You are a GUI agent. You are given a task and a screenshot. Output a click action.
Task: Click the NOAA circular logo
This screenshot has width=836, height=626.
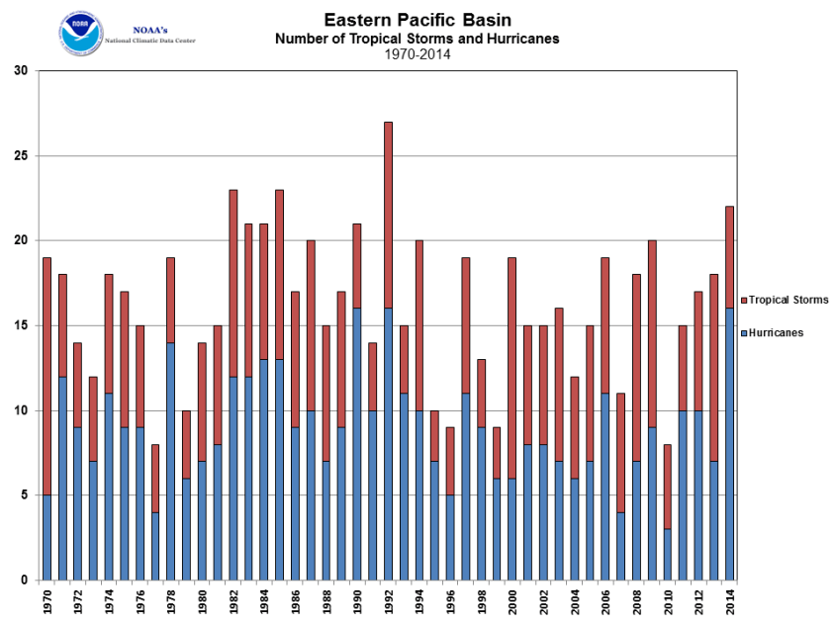(80, 33)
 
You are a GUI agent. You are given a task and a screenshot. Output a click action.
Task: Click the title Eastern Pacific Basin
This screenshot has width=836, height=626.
(417, 20)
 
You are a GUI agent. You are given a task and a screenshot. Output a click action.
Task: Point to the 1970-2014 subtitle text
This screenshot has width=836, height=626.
(417, 55)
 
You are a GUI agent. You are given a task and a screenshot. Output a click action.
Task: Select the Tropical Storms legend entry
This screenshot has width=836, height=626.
(789, 300)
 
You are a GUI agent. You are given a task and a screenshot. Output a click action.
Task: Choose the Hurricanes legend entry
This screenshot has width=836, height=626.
(776, 333)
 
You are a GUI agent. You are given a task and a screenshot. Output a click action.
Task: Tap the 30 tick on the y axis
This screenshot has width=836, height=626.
(21, 71)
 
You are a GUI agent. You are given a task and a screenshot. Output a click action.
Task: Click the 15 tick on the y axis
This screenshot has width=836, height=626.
(21, 325)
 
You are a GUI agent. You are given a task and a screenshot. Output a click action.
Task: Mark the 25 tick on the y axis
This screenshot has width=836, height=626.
(21, 156)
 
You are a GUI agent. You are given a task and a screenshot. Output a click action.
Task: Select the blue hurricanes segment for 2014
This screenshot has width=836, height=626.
(730, 444)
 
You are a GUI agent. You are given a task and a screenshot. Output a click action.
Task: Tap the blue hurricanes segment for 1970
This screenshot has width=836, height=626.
(46, 537)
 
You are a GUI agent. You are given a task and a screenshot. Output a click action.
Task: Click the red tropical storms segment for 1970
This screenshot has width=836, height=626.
(46, 376)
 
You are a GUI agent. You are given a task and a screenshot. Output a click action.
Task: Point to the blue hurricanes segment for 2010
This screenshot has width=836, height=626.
(668, 554)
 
